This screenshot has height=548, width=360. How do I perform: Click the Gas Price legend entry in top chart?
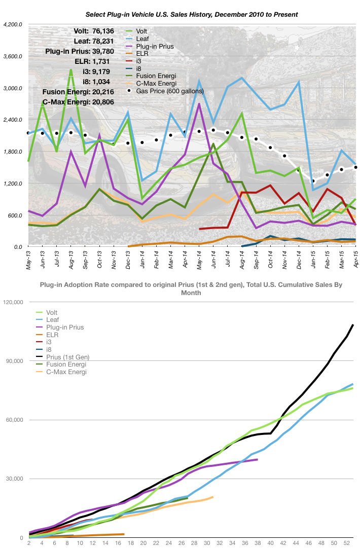tap(173, 91)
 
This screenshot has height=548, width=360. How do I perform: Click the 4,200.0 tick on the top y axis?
tap(13, 24)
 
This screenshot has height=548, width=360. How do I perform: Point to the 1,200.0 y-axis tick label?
tap(13, 184)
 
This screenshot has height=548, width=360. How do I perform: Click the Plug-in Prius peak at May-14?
tap(199, 104)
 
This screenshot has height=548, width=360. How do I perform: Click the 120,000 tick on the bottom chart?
tap(13, 302)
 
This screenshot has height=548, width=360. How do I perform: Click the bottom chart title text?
tap(191, 288)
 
